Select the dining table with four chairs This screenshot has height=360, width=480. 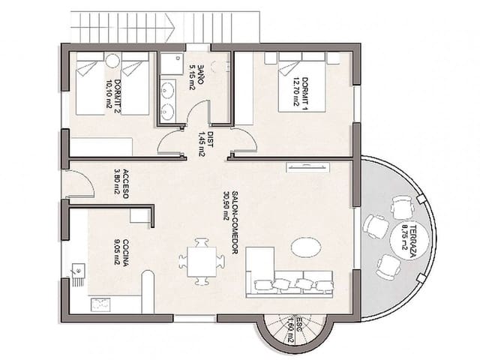(x=201, y=261)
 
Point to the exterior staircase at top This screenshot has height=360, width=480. (x=165, y=26)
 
